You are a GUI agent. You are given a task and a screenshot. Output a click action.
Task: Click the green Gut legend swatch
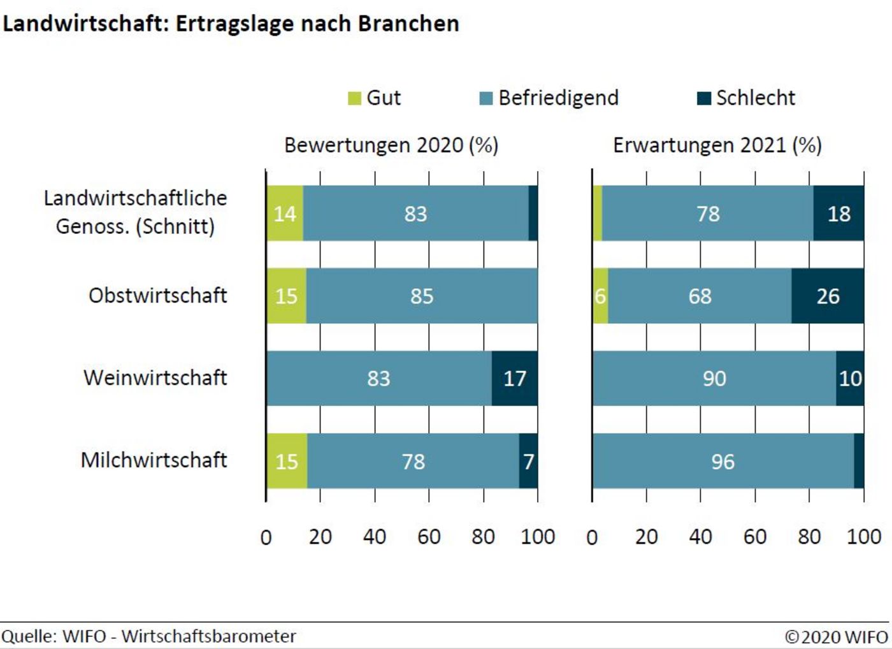coord(354,98)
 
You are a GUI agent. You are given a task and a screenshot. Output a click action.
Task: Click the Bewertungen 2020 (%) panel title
coord(391,145)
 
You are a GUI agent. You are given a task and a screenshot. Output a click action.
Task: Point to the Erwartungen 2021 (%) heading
coord(717,145)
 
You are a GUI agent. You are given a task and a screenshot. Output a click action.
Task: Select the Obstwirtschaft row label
coord(157,296)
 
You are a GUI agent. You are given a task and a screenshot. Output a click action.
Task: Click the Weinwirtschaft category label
coord(155,377)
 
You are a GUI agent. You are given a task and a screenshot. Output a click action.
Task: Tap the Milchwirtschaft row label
coord(154,460)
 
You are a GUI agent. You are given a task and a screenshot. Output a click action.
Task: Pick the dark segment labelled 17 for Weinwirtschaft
coord(515,378)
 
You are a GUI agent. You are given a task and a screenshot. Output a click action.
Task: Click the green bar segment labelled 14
coord(285,214)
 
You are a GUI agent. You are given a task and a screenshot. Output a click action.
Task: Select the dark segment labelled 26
coord(828,296)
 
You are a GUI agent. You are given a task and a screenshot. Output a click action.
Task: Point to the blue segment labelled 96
coord(723,461)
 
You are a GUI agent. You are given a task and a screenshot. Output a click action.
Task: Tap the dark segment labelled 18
coord(838,214)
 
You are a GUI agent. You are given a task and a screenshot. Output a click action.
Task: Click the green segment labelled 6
coord(600,296)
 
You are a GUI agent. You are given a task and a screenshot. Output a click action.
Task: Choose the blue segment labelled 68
coord(700,296)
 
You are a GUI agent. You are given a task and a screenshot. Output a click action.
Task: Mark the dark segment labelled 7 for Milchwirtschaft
coord(528,461)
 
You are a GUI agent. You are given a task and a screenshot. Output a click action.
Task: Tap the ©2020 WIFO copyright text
coord(836,636)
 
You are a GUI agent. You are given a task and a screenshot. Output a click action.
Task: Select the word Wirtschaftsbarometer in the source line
coord(209,636)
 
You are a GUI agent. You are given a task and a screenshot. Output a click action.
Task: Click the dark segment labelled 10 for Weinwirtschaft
coord(850,378)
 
